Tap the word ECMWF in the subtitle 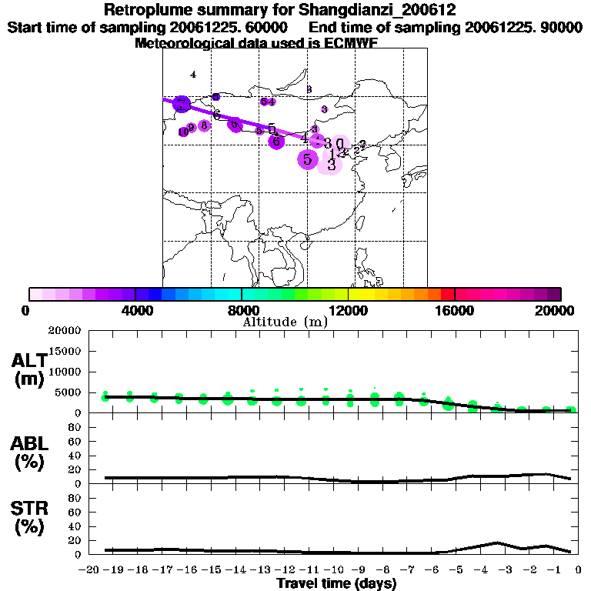click(x=372, y=43)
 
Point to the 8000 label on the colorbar click(x=241, y=310)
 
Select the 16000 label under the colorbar click(x=455, y=310)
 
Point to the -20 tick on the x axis click(x=90, y=570)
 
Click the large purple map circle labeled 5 click(x=307, y=159)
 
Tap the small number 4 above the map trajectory click(x=193, y=75)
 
